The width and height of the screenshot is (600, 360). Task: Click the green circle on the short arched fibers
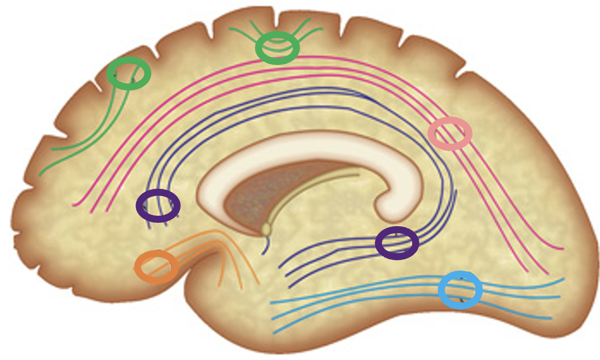(x=277, y=48)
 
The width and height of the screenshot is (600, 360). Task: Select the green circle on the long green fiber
(x=129, y=74)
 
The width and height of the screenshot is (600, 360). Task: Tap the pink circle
(x=450, y=133)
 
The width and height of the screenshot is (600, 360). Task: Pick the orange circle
(x=156, y=267)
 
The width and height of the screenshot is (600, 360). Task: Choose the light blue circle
(x=460, y=290)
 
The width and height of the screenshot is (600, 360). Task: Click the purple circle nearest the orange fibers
(x=158, y=205)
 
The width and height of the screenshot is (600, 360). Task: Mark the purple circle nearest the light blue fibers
(x=397, y=243)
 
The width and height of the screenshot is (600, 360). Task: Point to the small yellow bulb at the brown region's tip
(x=266, y=229)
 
